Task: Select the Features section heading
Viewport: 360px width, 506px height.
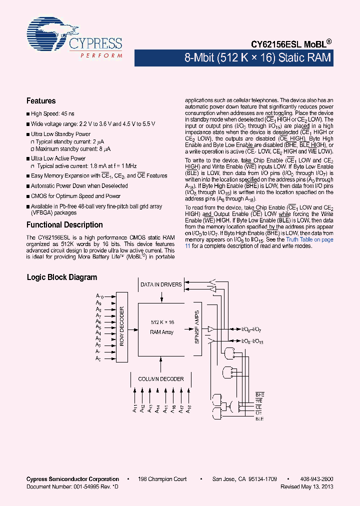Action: point(41,100)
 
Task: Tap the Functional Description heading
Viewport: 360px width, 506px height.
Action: point(64,225)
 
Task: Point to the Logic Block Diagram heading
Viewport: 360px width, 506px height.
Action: point(61,277)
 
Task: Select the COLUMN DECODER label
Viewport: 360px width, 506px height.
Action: point(160,379)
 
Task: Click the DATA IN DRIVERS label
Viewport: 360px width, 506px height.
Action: point(161,284)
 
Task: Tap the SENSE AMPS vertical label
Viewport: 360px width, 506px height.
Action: point(196,327)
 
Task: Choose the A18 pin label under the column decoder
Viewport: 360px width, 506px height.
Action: point(189,408)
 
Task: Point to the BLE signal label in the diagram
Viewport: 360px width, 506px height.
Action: point(259,419)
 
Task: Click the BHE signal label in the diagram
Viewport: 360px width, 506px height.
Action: point(259,395)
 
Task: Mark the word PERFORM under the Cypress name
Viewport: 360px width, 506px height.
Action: point(101,54)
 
